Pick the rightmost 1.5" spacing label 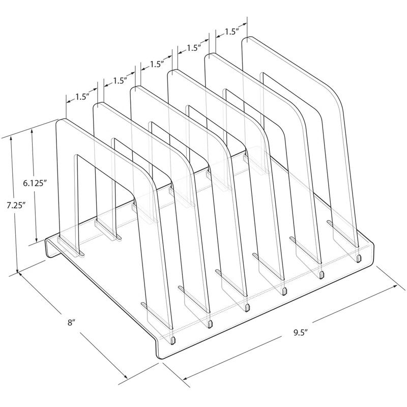coord(231,32)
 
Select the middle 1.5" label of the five coord(156,64)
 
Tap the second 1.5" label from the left coord(120,80)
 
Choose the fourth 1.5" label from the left coord(193,48)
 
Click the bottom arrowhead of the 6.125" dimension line coord(35,241)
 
